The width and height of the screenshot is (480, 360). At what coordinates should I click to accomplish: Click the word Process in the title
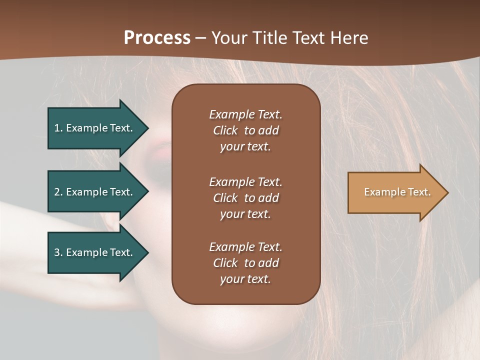tap(157, 38)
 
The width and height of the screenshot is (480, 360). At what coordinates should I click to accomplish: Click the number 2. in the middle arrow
tap(58, 192)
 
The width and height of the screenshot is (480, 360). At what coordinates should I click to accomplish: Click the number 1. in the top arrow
tap(58, 128)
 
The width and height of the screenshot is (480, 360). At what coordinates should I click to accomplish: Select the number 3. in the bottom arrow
tap(58, 252)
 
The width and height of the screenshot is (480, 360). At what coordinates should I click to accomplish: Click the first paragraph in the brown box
tap(245, 130)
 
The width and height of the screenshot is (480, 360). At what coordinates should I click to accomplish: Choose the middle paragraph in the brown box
tap(245, 198)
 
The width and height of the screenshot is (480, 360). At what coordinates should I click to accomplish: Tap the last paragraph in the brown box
tap(245, 263)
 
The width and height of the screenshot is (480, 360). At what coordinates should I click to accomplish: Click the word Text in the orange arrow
tap(419, 192)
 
